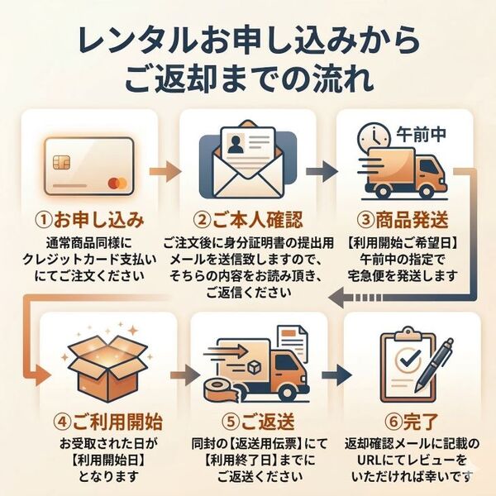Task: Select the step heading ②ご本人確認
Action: click(247, 220)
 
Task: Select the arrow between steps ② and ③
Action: click(323, 171)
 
